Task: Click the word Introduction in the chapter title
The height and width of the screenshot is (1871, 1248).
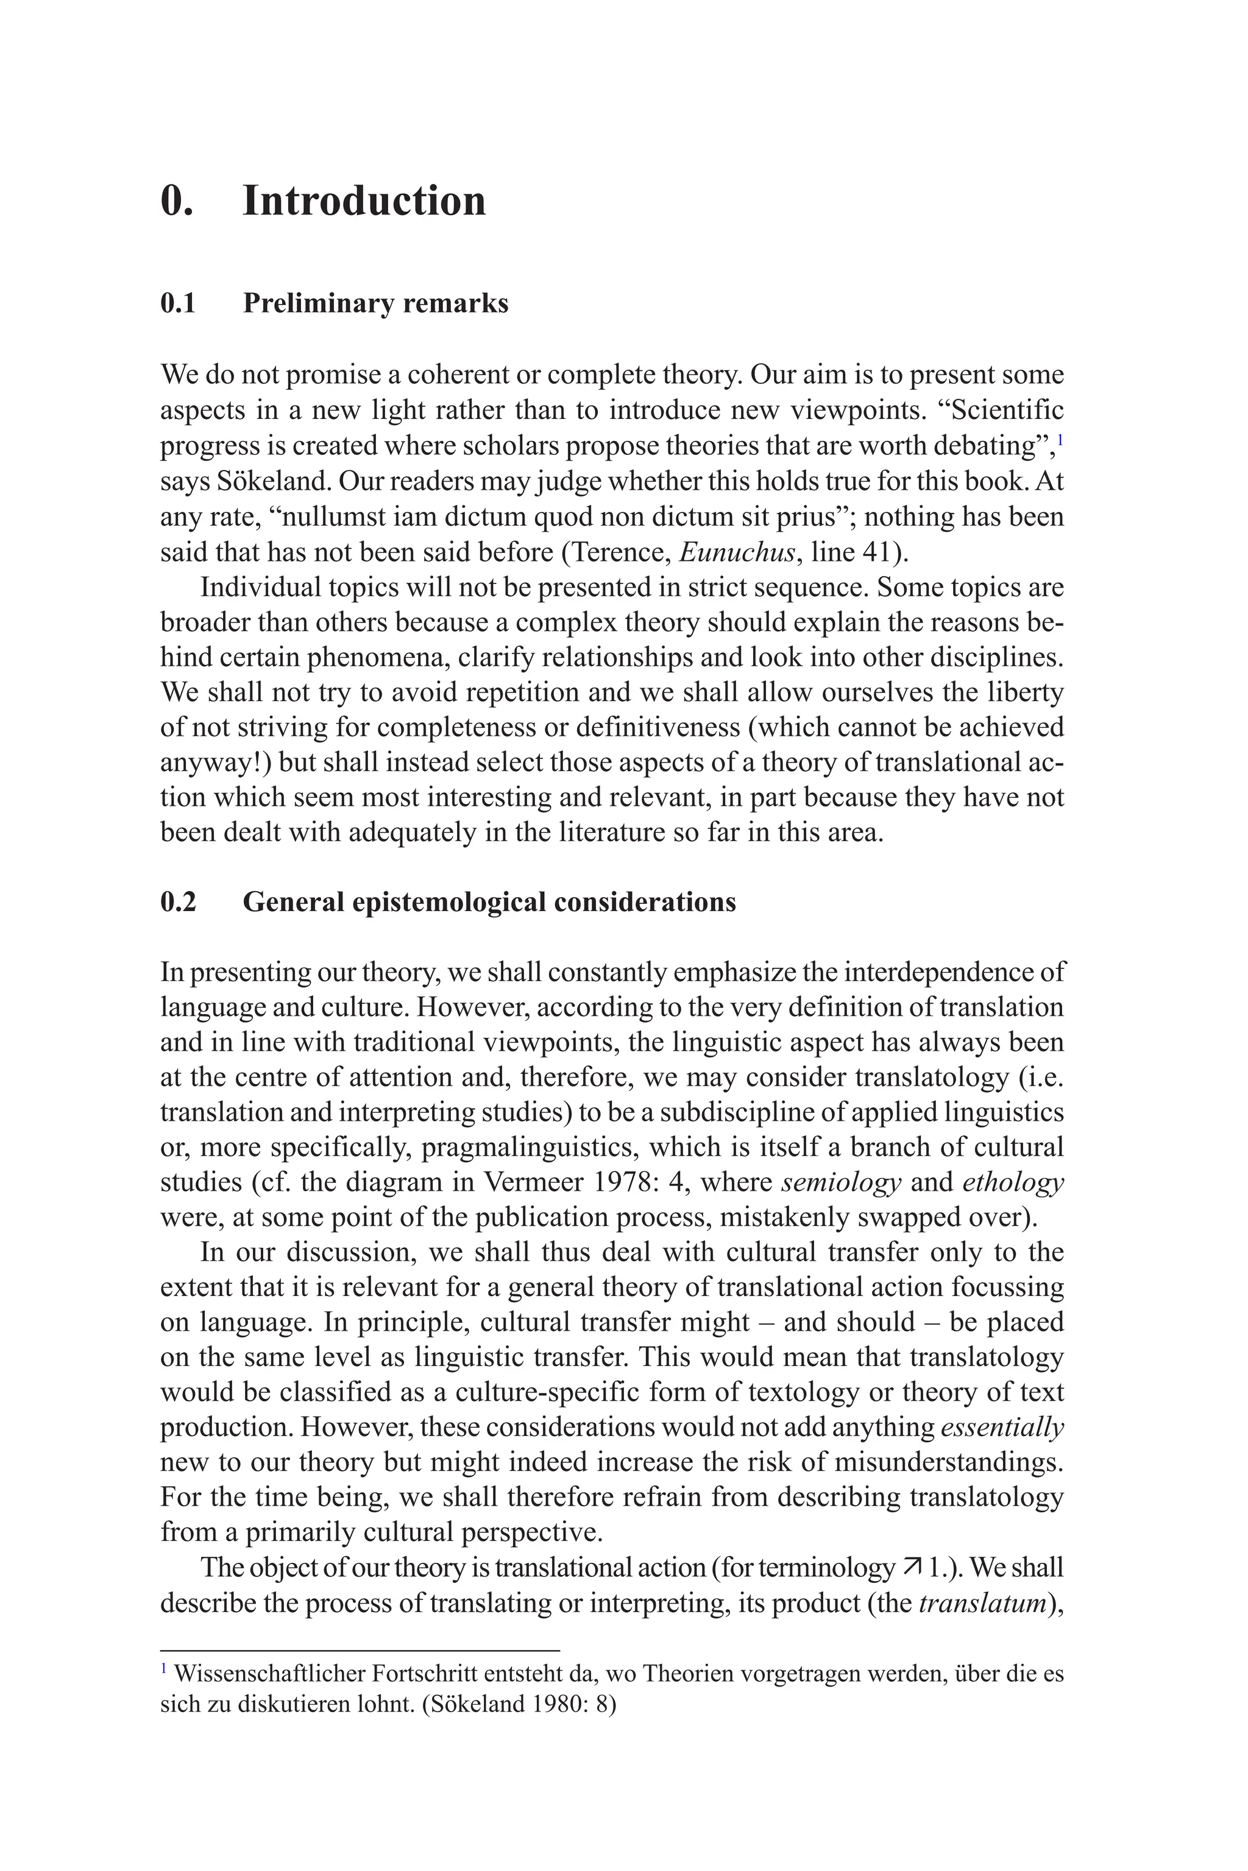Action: click(x=364, y=200)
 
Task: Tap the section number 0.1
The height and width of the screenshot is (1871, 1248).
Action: click(x=179, y=303)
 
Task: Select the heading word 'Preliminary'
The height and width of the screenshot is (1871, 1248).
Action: click(x=317, y=303)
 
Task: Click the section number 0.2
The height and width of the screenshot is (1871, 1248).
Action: click(x=179, y=901)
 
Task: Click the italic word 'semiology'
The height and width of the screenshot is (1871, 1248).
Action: click(x=842, y=1182)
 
